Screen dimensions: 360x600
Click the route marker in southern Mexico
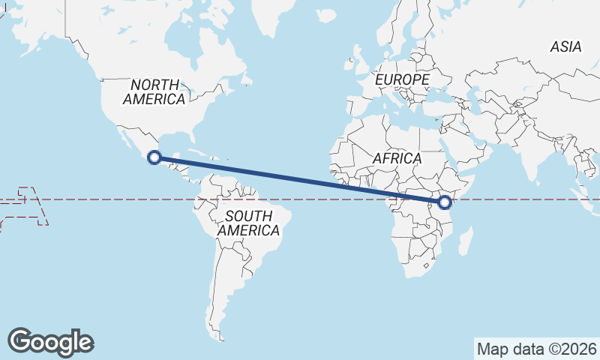(x=154, y=157)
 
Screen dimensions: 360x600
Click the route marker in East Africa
(x=445, y=202)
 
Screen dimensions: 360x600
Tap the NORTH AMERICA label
(x=154, y=91)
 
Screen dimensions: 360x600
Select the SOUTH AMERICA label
(x=248, y=223)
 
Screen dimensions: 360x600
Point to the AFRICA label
(x=397, y=159)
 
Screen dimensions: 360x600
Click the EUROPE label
(x=403, y=79)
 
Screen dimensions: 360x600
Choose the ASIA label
(x=565, y=46)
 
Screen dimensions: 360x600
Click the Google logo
(x=51, y=342)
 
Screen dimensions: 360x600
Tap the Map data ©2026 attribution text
(x=536, y=349)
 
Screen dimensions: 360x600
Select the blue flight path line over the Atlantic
(x=300, y=180)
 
